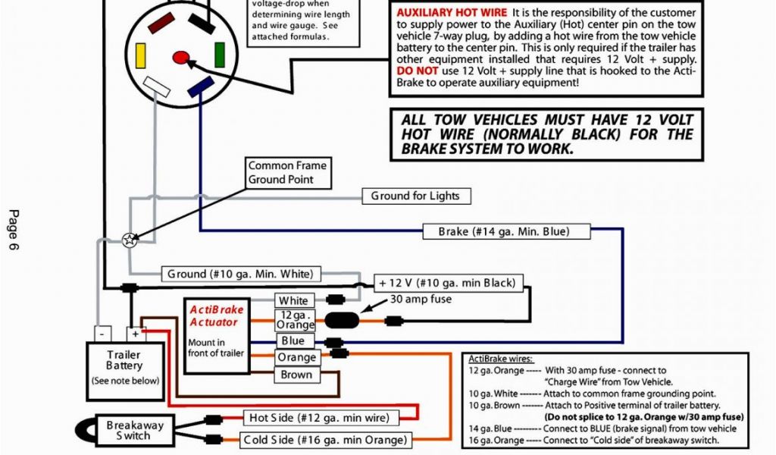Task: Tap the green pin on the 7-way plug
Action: coord(220,54)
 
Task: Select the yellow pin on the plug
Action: coord(139,54)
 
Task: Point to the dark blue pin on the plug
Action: coord(202,87)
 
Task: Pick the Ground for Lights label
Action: coord(415,196)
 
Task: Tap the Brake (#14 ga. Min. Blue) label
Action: coord(503,231)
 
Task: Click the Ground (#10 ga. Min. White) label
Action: coord(239,273)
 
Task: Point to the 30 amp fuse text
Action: coord(421,299)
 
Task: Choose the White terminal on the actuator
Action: coord(293,301)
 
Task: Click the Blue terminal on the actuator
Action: coord(293,341)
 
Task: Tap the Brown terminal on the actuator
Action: coord(296,375)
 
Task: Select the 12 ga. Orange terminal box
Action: coord(295,320)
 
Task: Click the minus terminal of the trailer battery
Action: coord(103,333)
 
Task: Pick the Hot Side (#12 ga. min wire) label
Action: coord(319,417)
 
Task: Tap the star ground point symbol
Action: coord(130,240)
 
